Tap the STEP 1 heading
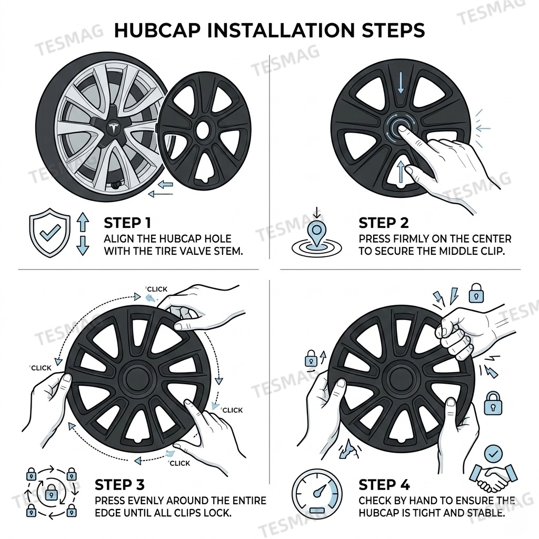point(131,223)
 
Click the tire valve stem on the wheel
point(115,185)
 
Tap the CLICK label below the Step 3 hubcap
point(179,463)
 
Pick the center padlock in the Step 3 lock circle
point(51,493)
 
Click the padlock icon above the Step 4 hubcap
point(476,292)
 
